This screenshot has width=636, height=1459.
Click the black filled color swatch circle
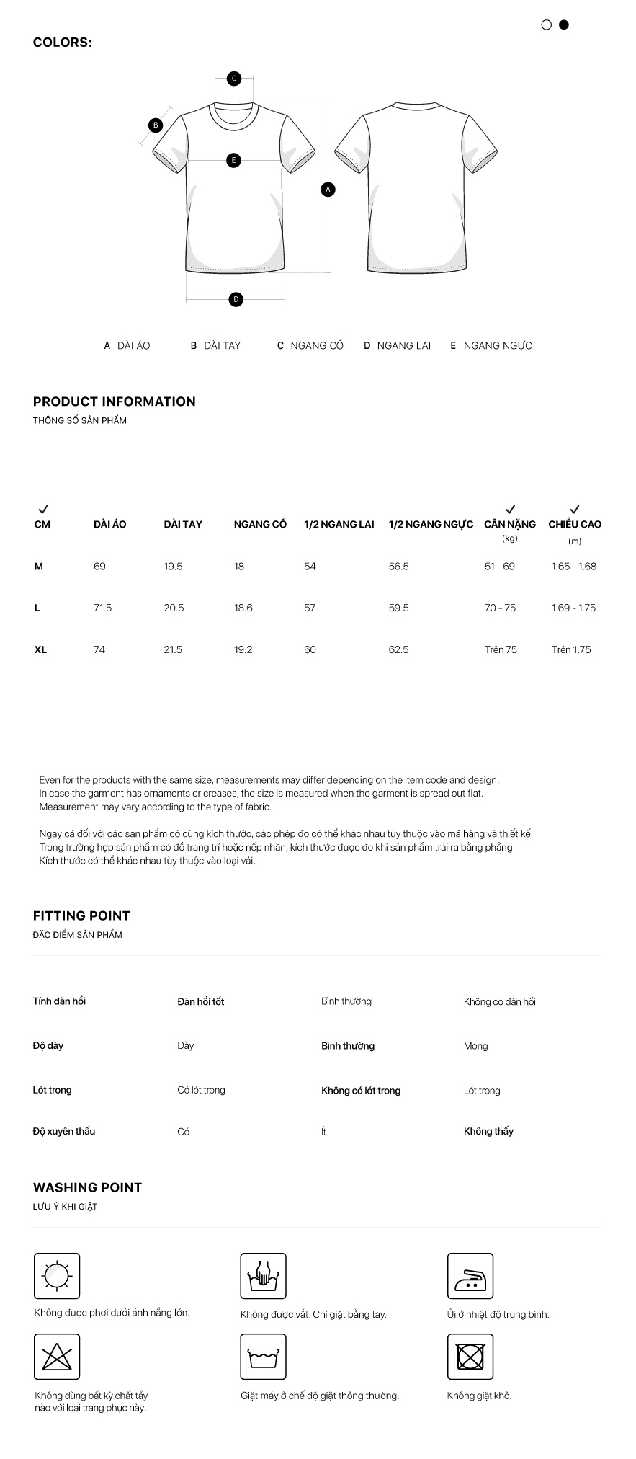[564, 25]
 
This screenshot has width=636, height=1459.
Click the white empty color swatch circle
[546, 25]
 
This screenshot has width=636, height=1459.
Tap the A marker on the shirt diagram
[328, 190]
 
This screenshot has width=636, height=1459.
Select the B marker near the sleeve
[156, 125]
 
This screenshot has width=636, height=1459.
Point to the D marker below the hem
[236, 299]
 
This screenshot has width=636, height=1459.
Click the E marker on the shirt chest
[233, 160]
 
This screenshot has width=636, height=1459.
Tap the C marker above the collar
[234, 79]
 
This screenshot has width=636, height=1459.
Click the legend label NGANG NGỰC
[497, 346]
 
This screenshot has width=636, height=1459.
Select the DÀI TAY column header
[183, 524]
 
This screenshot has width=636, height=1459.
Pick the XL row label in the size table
[40, 649]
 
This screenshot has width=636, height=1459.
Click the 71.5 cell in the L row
[103, 608]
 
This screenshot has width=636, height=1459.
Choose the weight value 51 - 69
[500, 567]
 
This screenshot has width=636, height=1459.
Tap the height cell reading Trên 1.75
[571, 649]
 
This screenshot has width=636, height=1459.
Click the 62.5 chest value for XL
[398, 649]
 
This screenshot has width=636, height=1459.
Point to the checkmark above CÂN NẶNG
[511, 509]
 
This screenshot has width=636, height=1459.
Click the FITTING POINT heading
[81, 915]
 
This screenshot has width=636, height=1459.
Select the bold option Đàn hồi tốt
[201, 1001]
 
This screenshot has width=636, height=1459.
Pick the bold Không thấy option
[488, 1131]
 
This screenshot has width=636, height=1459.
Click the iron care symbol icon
[470, 1276]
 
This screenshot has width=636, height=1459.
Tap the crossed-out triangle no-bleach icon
[57, 1357]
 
